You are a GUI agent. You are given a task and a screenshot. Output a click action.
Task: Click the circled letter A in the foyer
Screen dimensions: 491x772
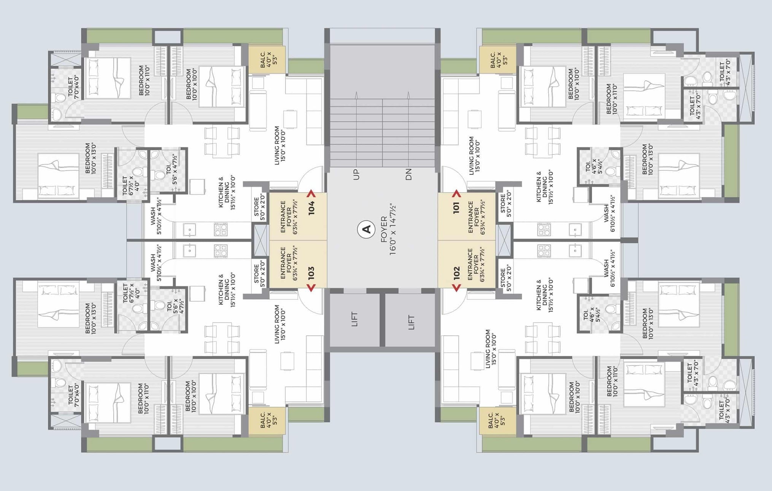(367, 230)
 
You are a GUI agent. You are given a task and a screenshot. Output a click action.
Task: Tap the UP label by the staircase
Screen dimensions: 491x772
(356, 175)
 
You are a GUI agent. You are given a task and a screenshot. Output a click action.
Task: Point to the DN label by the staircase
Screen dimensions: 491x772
(408, 175)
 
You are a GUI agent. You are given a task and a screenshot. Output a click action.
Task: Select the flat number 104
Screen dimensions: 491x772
(311, 208)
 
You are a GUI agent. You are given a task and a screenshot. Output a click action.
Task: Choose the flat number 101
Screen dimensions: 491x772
(456, 208)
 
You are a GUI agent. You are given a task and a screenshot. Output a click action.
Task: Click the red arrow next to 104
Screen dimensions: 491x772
(311, 193)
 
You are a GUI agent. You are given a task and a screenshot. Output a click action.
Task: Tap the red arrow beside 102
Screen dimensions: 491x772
(456, 288)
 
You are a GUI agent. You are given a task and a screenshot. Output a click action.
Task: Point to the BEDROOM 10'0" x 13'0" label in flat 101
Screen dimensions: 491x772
(647, 159)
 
